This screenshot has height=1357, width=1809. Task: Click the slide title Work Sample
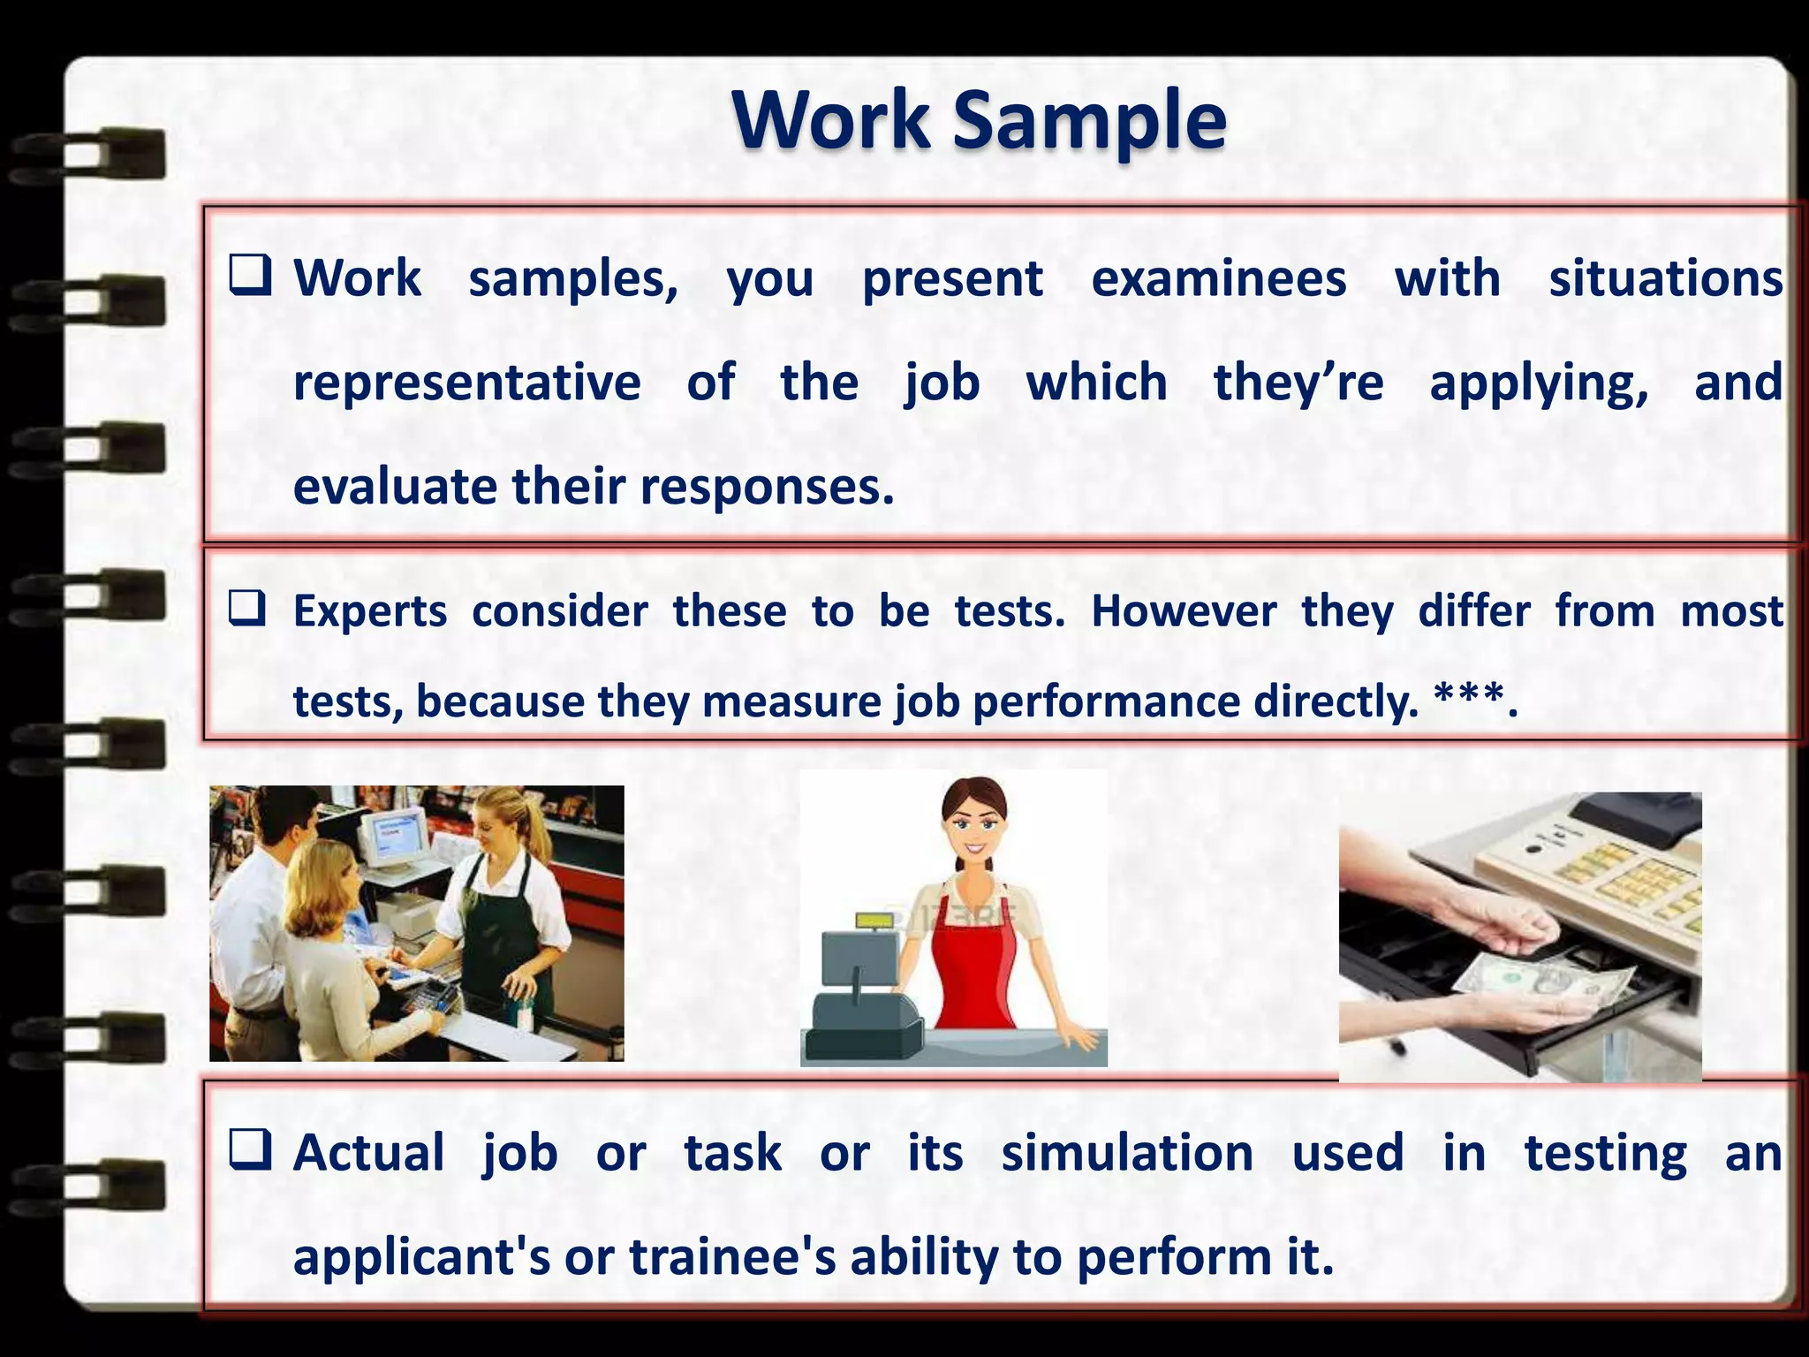pos(979,120)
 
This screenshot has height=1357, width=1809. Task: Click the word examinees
pos(1218,279)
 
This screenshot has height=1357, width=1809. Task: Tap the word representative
pos(466,383)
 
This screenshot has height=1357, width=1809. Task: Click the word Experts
pos(370,611)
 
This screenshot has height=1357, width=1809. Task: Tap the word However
pos(1183,611)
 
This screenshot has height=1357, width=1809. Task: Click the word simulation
pos(1127,1154)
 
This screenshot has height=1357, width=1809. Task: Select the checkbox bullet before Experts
pos(246,609)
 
